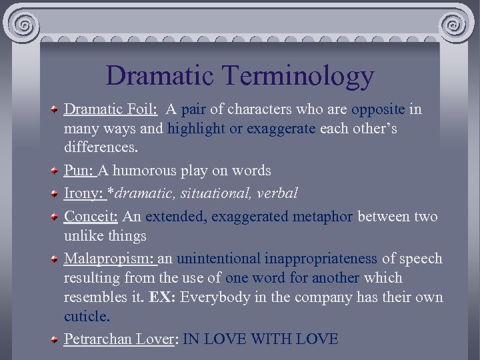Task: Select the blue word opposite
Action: tap(377, 109)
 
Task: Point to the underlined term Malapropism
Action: tap(109, 259)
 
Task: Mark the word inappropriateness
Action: tap(321, 259)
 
